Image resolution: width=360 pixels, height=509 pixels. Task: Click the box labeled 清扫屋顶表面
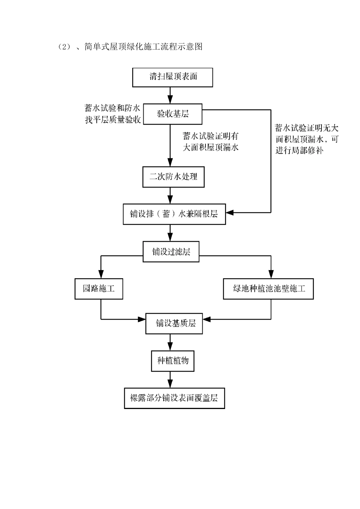pyautogui.click(x=172, y=77)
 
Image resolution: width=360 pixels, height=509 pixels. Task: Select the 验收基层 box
pyautogui.click(x=172, y=114)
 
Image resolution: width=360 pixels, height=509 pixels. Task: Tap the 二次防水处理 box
pyautogui.click(x=173, y=177)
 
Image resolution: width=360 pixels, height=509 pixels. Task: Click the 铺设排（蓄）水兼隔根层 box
pyautogui.click(x=174, y=214)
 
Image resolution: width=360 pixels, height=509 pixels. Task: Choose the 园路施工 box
pyautogui.click(x=99, y=289)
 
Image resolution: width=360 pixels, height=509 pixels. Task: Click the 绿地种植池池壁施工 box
pyautogui.click(x=268, y=289)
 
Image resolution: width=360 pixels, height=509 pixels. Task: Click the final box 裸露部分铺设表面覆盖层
pyautogui.click(x=174, y=398)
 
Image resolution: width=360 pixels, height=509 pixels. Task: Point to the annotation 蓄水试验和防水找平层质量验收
pyautogui.click(x=113, y=114)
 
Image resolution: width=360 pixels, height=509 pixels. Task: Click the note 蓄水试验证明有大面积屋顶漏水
pyautogui.click(x=210, y=142)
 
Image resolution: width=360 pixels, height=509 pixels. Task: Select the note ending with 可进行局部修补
pyautogui.click(x=307, y=139)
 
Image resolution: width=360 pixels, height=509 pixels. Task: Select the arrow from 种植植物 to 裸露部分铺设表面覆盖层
pyautogui.click(x=170, y=379)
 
